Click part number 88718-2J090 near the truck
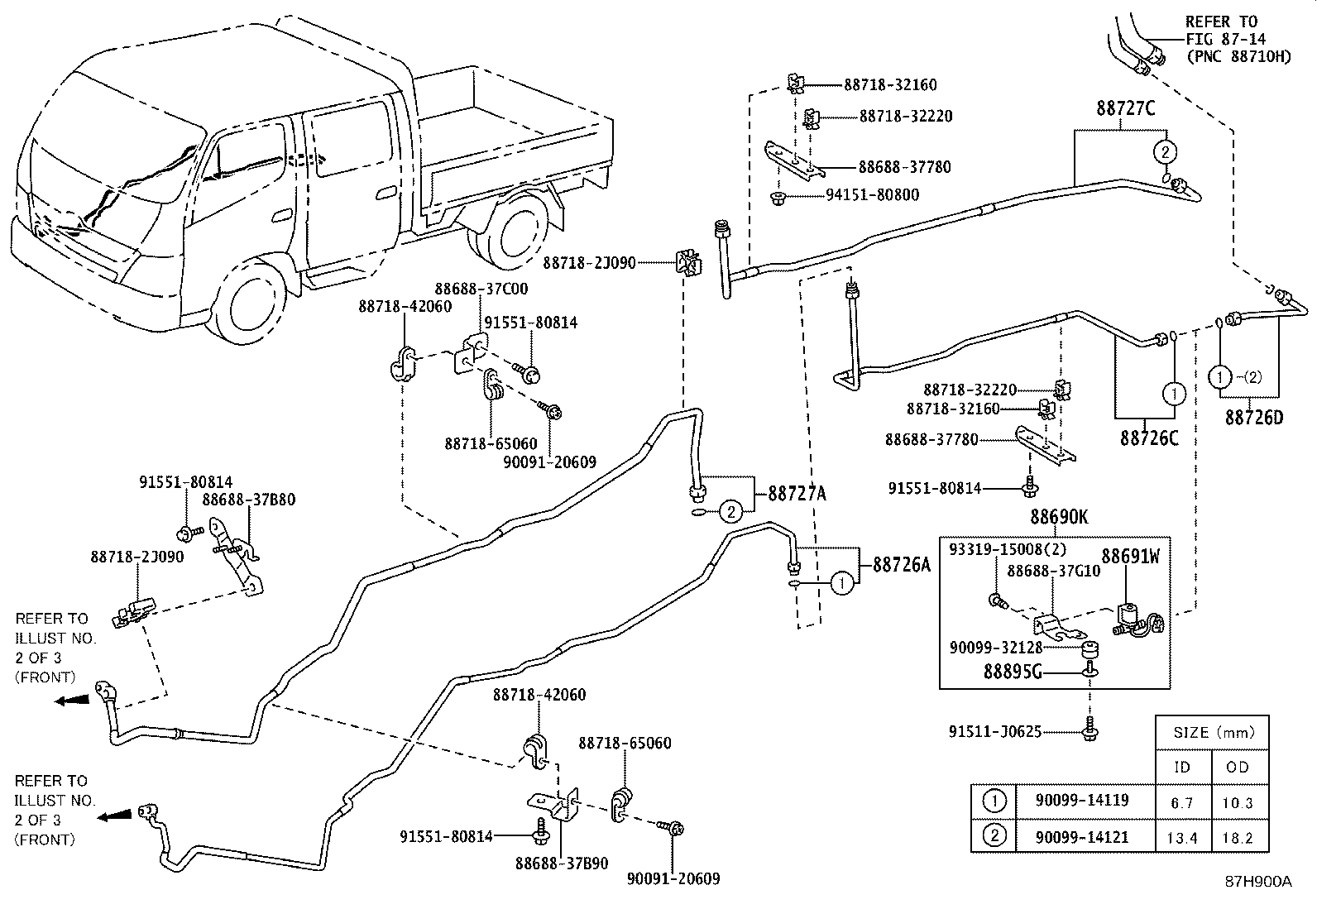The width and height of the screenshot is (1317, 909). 588,263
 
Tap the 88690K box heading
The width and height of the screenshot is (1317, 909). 1059,518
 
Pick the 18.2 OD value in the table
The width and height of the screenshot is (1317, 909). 1238,838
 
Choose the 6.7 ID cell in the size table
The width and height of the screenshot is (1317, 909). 1182,802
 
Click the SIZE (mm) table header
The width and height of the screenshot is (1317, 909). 1214,733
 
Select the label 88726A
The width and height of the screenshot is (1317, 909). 903,565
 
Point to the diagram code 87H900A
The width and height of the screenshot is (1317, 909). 1257,881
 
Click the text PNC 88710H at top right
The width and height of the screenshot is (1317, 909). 1238,57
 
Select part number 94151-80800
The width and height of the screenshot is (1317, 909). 872,195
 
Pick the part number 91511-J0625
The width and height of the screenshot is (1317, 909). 995,731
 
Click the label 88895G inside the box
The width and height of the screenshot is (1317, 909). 1012,673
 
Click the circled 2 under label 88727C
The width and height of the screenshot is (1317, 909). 1164,152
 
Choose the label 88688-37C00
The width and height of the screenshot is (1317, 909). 481,289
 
